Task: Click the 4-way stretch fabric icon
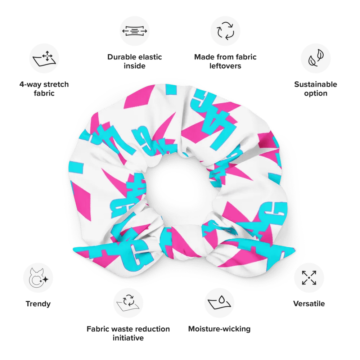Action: coord(44,58)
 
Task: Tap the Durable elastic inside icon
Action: coord(135,31)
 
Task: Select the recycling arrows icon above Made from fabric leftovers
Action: coord(225,31)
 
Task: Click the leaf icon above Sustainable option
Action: coord(316,58)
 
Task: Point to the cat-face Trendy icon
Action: coord(38,278)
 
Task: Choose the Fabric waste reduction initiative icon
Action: coord(128,303)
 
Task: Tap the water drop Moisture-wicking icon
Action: coord(219,303)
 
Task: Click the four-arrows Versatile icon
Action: coord(309,278)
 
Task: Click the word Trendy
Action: coord(38,304)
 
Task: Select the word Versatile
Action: coord(309,303)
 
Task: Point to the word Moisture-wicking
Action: coord(219,329)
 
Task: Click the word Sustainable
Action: coord(316,84)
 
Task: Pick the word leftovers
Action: coord(225,66)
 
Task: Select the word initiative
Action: coord(128,338)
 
